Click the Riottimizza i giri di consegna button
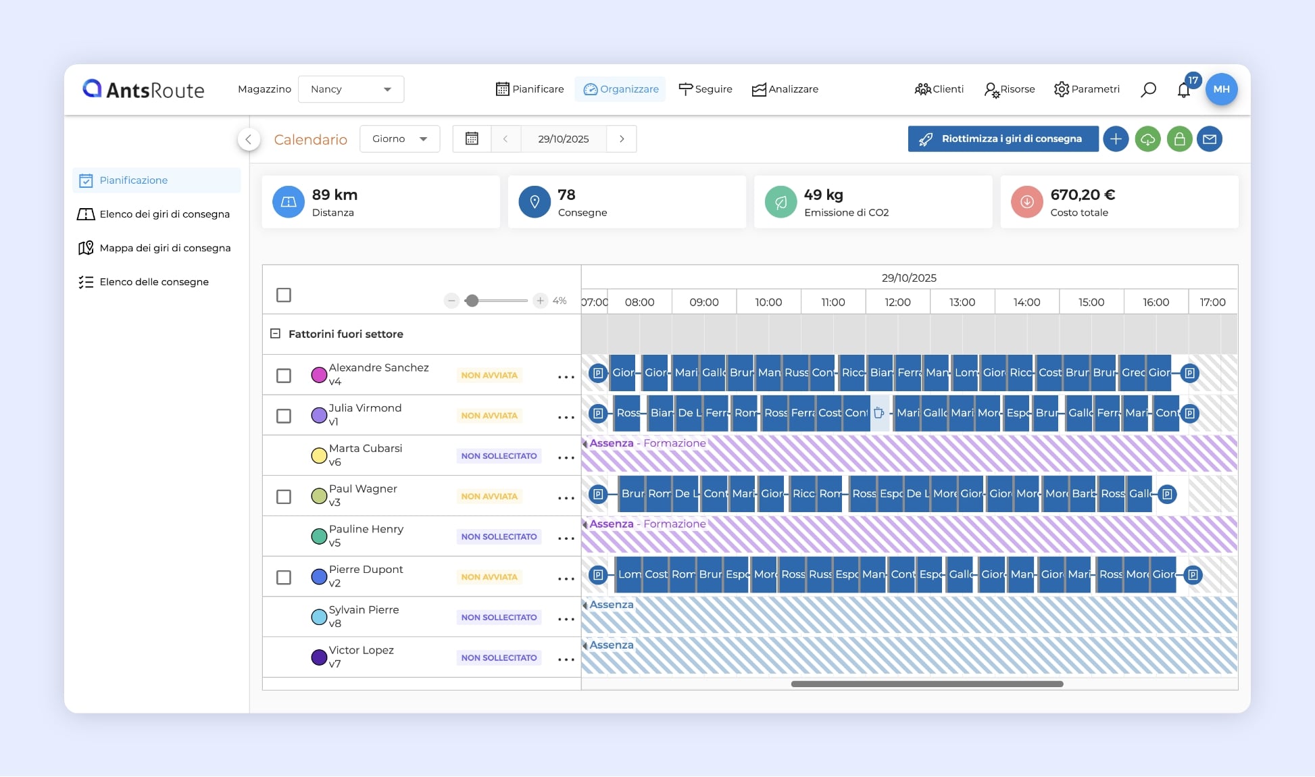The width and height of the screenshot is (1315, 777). [x=1003, y=139]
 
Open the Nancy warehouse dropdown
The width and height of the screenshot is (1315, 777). [x=351, y=89]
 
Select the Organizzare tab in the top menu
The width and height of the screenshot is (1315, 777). [x=620, y=89]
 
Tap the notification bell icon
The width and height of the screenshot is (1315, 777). [x=1183, y=90]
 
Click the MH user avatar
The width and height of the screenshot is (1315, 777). [x=1221, y=89]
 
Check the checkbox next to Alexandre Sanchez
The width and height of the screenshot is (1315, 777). [x=284, y=375]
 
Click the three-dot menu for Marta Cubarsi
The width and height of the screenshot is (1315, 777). [x=566, y=457]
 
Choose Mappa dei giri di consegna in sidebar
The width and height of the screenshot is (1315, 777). [x=165, y=248]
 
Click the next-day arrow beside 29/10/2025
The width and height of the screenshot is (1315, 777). [x=622, y=139]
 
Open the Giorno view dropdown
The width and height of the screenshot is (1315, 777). [x=399, y=139]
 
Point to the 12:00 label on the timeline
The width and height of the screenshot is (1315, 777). [x=897, y=302]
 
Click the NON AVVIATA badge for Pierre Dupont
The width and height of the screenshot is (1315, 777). [x=489, y=577]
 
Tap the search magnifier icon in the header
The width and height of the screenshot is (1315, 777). [x=1148, y=89]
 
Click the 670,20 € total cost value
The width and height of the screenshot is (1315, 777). [x=1083, y=195]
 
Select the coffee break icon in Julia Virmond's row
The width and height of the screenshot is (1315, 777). [x=878, y=413]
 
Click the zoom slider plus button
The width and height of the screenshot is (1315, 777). [x=540, y=301]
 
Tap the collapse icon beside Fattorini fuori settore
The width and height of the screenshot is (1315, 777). [x=275, y=334]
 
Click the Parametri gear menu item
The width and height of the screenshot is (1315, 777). [x=1087, y=89]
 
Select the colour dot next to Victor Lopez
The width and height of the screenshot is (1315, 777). [x=319, y=657]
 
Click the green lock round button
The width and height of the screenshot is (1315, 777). [x=1179, y=139]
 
